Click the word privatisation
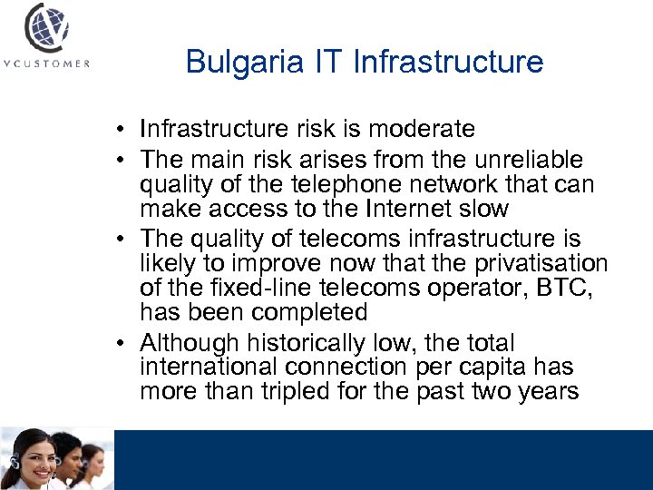point(539,263)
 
